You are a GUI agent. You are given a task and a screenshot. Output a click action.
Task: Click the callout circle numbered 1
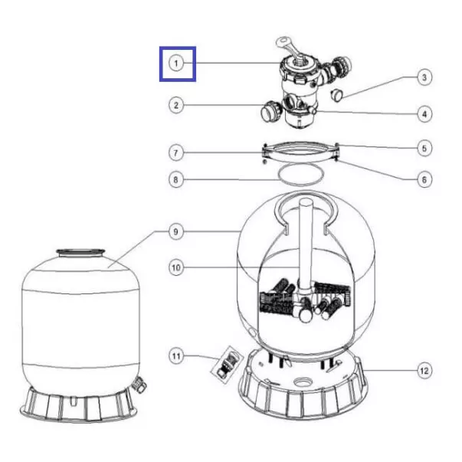click(x=176, y=64)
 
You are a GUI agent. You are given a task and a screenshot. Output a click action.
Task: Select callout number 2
click(x=176, y=105)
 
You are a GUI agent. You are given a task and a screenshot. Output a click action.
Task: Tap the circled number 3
click(x=424, y=77)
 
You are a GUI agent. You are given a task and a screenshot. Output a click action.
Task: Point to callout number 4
click(x=424, y=114)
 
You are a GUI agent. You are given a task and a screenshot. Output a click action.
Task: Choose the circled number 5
click(x=424, y=148)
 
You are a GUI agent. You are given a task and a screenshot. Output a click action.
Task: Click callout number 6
click(x=424, y=180)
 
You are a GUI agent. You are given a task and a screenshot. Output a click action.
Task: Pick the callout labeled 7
click(x=176, y=153)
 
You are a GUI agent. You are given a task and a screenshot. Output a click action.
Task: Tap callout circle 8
click(x=176, y=180)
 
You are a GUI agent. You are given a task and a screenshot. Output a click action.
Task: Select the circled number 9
click(x=176, y=232)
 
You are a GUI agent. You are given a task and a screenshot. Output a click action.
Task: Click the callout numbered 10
click(x=176, y=268)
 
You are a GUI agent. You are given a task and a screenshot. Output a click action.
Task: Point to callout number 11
click(x=176, y=356)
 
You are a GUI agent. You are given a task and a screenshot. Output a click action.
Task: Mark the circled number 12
click(x=424, y=370)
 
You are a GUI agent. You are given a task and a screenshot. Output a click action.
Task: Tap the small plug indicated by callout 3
click(x=336, y=95)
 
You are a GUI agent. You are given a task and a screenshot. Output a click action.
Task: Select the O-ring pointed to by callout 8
click(x=301, y=175)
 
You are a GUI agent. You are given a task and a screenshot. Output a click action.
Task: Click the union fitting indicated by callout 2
click(x=270, y=110)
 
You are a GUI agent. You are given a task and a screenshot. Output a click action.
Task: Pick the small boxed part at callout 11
click(x=228, y=365)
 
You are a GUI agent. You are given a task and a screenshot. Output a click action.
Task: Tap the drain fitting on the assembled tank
click(x=138, y=385)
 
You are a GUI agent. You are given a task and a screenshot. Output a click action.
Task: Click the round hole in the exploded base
click(x=303, y=382)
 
